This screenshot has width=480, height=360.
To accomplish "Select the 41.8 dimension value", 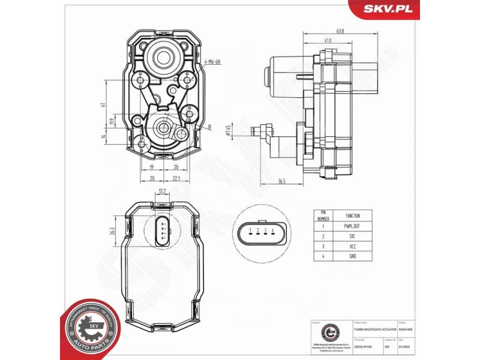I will pyautogui.click(x=328, y=41).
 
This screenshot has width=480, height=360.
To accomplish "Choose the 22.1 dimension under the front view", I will pyautogui.click(x=176, y=178).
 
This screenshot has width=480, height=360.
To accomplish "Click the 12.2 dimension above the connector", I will pyautogui.click(x=161, y=191).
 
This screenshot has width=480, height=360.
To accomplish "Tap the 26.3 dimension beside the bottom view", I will pyautogui.click(x=112, y=231).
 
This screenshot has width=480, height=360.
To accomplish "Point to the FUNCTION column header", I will pyautogui.click(x=353, y=215).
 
